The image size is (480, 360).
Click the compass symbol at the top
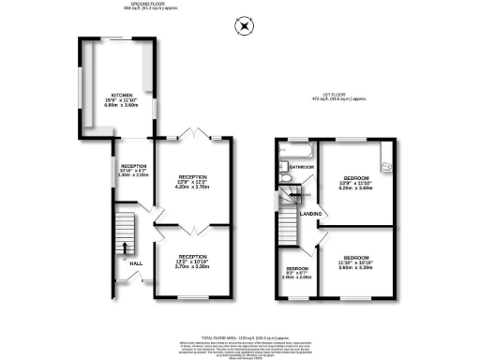tap(245, 25)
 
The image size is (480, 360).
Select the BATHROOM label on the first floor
tap(301, 167)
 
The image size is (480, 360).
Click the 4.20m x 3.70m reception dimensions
tap(193, 187)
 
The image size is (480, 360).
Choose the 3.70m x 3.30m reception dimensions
tap(193, 266)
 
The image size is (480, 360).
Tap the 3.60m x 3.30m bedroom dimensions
tap(356, 267)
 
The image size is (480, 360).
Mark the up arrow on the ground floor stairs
tap(122, 231)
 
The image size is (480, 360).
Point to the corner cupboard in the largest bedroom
tap(383, 153)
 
